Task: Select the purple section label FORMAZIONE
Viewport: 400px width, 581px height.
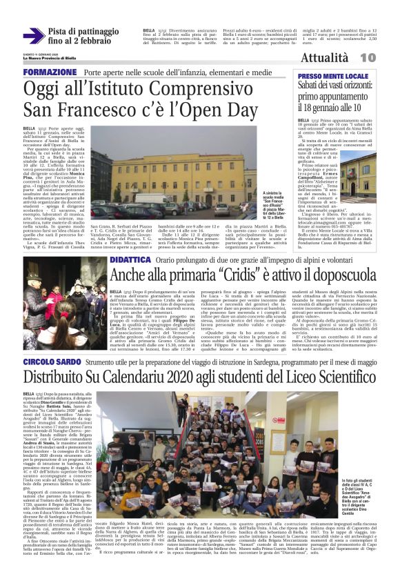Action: coord(49,72)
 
